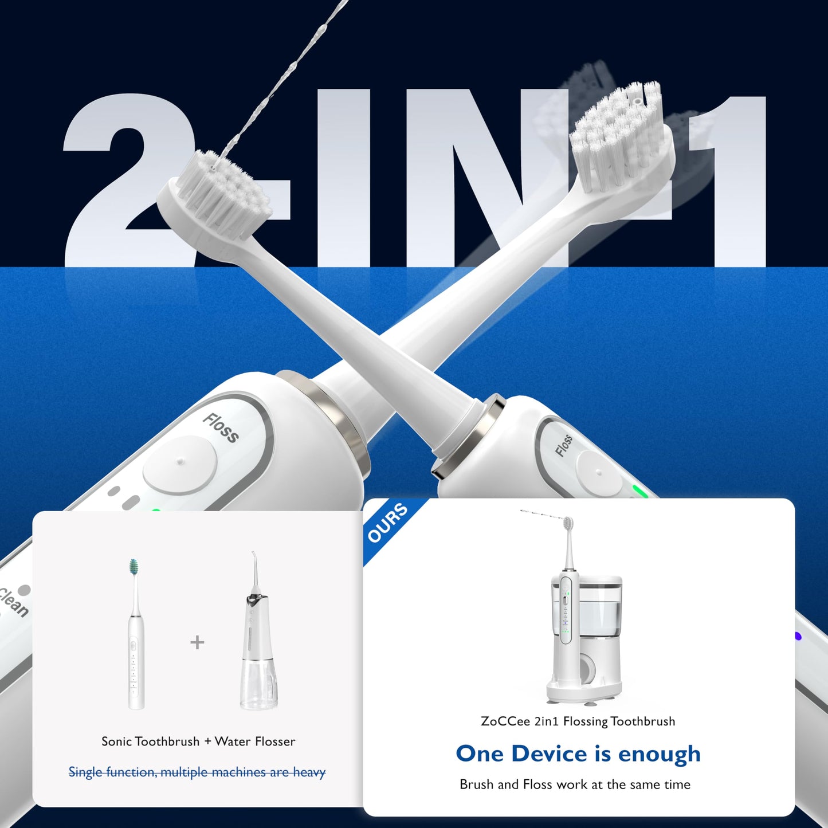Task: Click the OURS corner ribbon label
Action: coord(388,522)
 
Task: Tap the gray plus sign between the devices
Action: coord(197,642)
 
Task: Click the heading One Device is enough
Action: coord(578,754)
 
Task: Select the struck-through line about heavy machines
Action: coord(197,772)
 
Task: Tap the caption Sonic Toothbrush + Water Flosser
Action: coord(198,741)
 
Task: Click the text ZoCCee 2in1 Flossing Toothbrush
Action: coord(578,721)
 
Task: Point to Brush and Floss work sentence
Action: coord(575,784)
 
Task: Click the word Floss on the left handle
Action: coord(221,428)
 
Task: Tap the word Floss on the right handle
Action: coord(564,445)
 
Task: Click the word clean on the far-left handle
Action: coord(13,602)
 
